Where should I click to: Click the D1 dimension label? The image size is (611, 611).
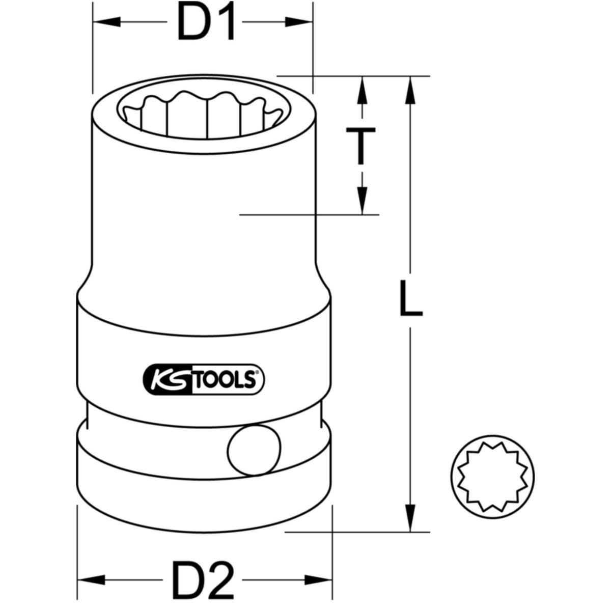[x=206, y=23]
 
